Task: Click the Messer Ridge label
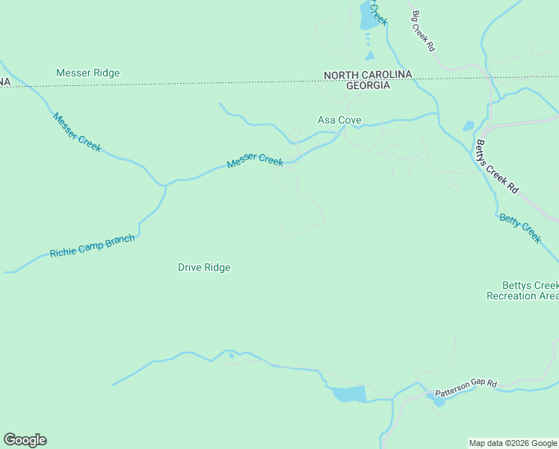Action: (x=87, y=73)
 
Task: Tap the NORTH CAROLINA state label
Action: (x=368, y=75)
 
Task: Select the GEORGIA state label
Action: (x=368, y=85)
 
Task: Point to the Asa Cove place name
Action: (x=339, y=120)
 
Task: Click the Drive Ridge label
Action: (x=204, y=267)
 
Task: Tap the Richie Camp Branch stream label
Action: (x=92, y=246)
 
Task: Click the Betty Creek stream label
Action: (x=520, y=227)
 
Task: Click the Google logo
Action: (x=25, y=440)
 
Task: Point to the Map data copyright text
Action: (x=513, y=443)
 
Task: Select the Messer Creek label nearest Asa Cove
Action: (x=255, y=160)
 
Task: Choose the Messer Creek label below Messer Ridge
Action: (x=76, y=132)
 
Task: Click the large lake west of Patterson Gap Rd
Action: (x=348, y=394)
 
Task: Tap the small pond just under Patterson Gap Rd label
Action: (x=439, y=400)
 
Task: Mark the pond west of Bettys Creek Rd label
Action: (x=468, y=126)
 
